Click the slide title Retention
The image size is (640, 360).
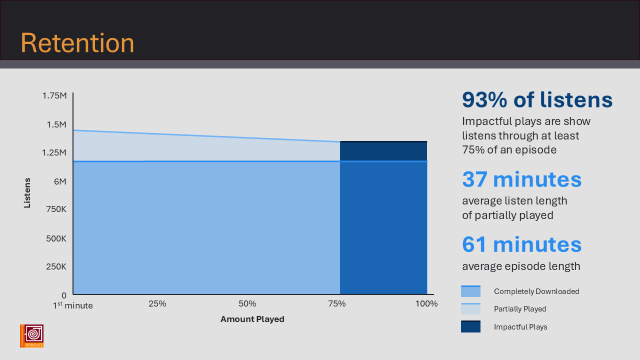point(77,43)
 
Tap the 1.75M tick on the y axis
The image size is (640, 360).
point(53,95)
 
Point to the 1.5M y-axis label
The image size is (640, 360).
point(56,124)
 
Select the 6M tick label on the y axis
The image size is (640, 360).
point(59,181)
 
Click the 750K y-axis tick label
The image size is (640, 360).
point(56,209)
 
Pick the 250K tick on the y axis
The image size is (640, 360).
point(56,266)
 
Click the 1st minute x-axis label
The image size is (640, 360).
point(73,305)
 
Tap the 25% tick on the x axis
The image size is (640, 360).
point(157,303)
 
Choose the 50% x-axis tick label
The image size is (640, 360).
point(247,303)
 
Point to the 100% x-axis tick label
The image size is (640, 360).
point(426,303)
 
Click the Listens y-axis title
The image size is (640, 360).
point(27,193)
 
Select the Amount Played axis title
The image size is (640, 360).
point(252,319)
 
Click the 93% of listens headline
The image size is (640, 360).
point(537,100)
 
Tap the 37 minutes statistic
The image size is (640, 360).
point(521,179)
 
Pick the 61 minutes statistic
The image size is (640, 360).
point(521,244)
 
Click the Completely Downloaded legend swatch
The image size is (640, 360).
point(470,291)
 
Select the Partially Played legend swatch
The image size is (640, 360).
point(470,309)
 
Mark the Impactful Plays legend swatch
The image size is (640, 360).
point(470,327)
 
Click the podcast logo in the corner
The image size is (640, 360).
point(31,336)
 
